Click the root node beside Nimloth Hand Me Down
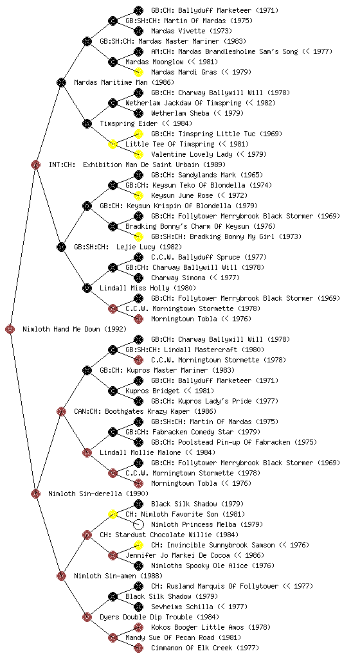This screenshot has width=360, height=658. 10,329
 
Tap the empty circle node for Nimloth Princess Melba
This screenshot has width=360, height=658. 138,524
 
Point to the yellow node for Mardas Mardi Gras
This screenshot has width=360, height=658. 138,72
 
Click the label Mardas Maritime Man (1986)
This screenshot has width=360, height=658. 124,82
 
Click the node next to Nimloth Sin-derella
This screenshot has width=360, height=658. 35,493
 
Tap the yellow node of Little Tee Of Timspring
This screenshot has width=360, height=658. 113,144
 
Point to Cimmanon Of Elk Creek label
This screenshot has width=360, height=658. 205,648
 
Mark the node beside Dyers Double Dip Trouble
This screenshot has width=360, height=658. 87,617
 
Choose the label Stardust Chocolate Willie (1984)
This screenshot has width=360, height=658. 168,535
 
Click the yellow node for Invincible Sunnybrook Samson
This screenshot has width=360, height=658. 138,545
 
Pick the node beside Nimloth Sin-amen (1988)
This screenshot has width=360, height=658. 61,576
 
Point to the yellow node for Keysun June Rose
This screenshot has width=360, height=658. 138,195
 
